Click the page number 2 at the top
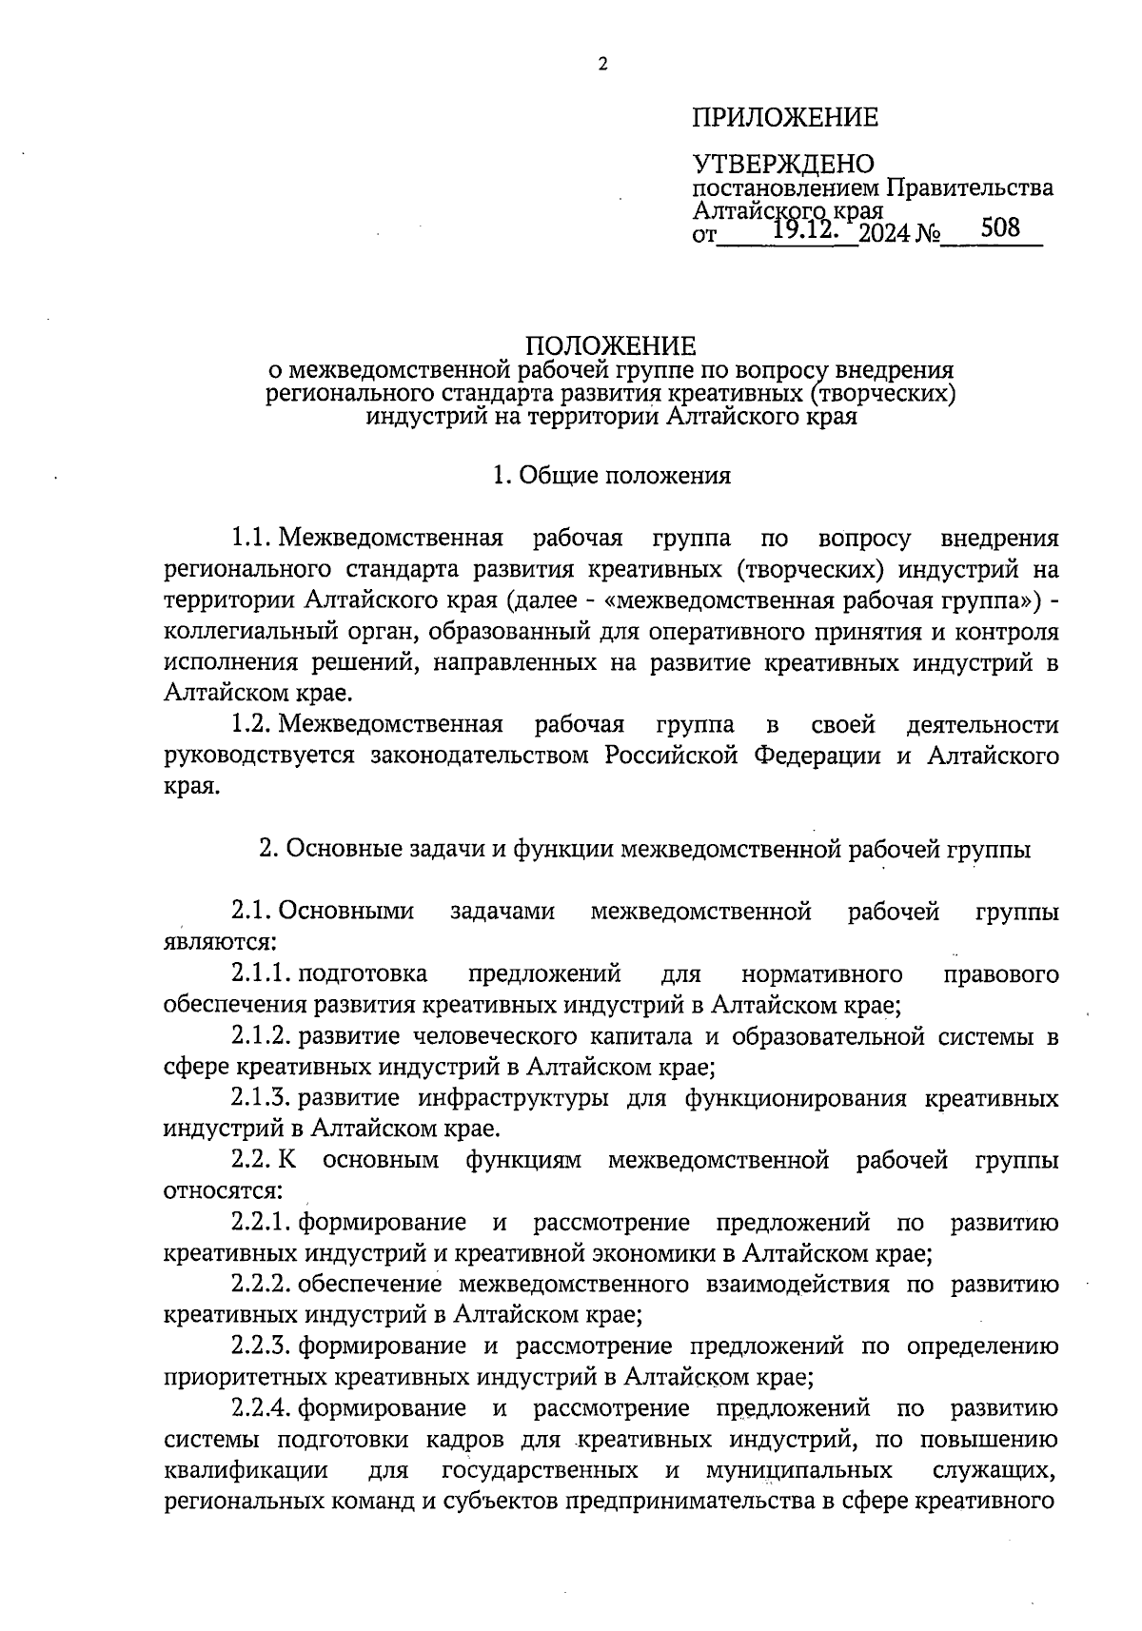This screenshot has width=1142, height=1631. pos(601,65)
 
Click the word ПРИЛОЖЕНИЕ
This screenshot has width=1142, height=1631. pos(785,118)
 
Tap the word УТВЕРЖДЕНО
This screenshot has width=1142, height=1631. pos(782,165)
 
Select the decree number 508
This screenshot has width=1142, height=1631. pos(998,227)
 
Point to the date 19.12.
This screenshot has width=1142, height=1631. pos(805,229)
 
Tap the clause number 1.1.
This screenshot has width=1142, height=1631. pos(252,540)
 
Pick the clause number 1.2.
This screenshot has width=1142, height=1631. pos(252,726)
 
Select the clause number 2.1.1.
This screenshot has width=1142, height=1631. pos(262,974)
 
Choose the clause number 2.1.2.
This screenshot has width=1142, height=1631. pos(262,1036)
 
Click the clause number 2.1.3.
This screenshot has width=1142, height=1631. pos(262,1099)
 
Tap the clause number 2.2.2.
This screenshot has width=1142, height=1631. pos(262,1286)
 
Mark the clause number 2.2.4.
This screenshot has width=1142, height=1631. pos(262,1408)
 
